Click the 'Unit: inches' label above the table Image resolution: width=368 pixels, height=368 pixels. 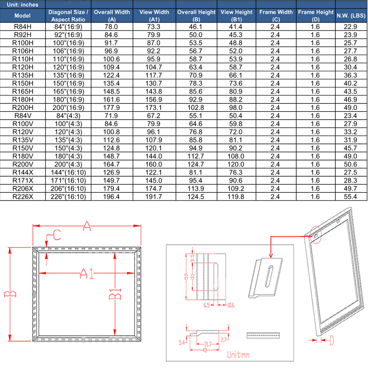20,4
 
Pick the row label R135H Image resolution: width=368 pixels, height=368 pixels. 22,75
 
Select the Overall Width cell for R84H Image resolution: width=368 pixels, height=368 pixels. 111,27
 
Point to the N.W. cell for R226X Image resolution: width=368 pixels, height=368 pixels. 351,197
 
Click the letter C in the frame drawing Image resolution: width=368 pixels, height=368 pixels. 54,236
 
